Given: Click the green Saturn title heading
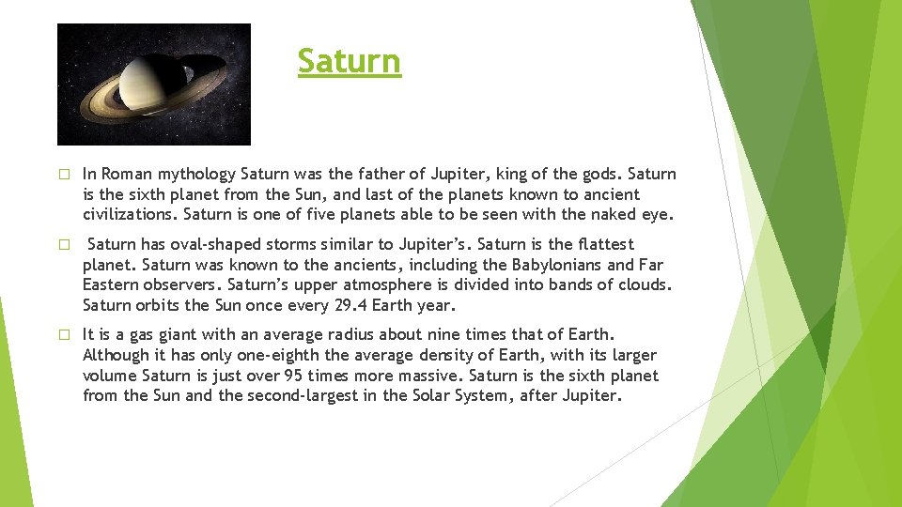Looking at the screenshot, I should coord(349,61).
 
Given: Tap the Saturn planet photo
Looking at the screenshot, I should coord(154,84).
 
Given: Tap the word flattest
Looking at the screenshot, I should coord(600,244).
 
